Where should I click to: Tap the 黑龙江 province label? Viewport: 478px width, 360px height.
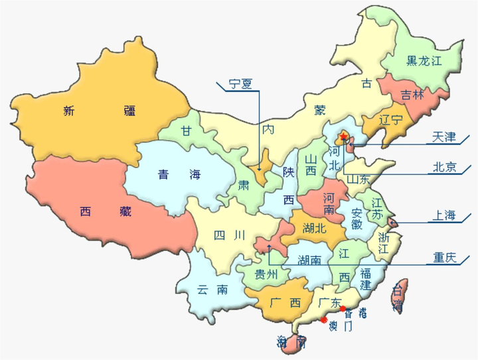(x=424, y=62)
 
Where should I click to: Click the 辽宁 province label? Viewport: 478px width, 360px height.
(x=391, y=120)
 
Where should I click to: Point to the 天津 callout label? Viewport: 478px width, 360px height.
(x=444, y=137)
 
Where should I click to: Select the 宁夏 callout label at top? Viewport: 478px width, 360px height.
(x=242, y=84)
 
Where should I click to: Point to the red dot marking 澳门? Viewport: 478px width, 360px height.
(x=323, y=319)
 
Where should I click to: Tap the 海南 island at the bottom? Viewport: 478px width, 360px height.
(x=292, y=343)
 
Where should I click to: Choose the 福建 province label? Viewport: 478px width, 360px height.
(x=366, y=279)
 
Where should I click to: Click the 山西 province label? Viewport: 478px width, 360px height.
(x=311, y=166)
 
